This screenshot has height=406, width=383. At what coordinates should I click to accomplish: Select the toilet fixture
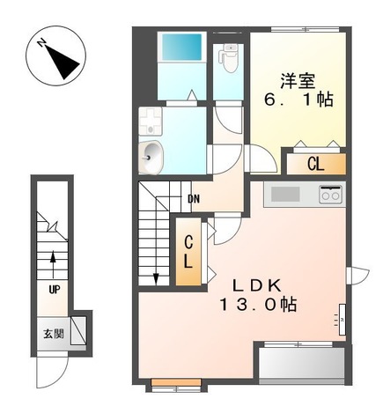coord(228,59)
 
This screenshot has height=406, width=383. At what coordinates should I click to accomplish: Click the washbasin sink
coord(152,157)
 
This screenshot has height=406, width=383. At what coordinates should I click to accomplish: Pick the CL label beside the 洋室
coord(315,163)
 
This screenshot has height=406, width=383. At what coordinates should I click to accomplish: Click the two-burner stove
coord(331,195)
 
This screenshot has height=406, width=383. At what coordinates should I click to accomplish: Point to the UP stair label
coord(55,289)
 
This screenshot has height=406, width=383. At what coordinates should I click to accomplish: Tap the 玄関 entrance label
coord(52,334)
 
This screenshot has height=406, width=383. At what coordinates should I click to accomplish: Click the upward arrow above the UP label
coord(55,262)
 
